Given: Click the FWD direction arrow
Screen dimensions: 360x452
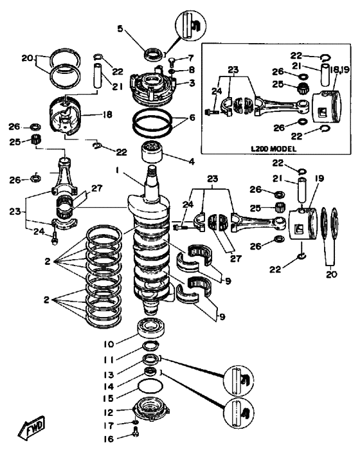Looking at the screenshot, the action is click(x=32, y=426).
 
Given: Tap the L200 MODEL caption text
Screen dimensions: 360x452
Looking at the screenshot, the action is click(x=273, y=149).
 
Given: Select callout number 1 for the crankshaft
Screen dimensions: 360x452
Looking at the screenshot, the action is click(x=118, y=171).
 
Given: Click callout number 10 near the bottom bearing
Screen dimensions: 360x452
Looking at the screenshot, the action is click(x=109, y=344).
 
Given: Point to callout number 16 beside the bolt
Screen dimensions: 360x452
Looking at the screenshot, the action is click(x=109, y=439).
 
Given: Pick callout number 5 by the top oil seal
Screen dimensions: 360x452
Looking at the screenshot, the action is click(x=120, y=28).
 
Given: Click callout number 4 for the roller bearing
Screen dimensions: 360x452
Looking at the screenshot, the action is click(x=192, y=161).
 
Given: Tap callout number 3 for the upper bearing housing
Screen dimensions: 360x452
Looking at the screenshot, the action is click(x=192, y=83).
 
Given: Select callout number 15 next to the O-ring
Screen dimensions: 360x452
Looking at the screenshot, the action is click(x=109, y=398).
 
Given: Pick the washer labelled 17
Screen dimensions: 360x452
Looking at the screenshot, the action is click(x=136, y=422).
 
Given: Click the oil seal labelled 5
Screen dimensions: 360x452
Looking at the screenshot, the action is click(x=153, y=55).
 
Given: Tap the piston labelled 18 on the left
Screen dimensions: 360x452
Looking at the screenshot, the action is click(x=67, y=115).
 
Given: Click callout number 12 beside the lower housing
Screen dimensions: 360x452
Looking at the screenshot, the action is click(x=109, y=412).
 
